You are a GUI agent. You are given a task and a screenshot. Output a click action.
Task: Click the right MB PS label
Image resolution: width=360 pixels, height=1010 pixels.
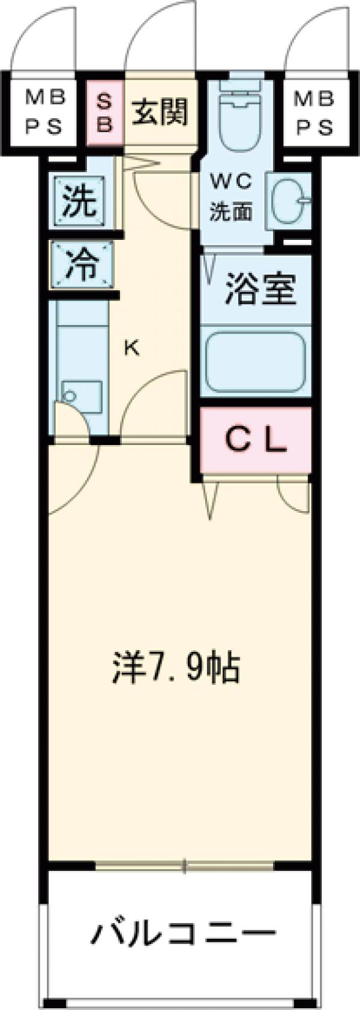coord(314,112)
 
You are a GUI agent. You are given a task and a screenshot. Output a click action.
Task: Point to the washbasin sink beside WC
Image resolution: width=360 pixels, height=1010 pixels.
coord(287,199)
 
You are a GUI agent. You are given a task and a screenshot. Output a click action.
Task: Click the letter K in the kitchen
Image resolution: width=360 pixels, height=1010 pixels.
coord(132,348)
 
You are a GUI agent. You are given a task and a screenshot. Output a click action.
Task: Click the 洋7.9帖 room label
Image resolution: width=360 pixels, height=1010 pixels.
coord(176,668)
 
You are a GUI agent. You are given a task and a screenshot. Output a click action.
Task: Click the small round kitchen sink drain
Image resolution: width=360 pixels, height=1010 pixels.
coord(70,396)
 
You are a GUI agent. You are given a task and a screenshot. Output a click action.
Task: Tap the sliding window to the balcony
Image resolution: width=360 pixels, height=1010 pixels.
coord(185,864)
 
